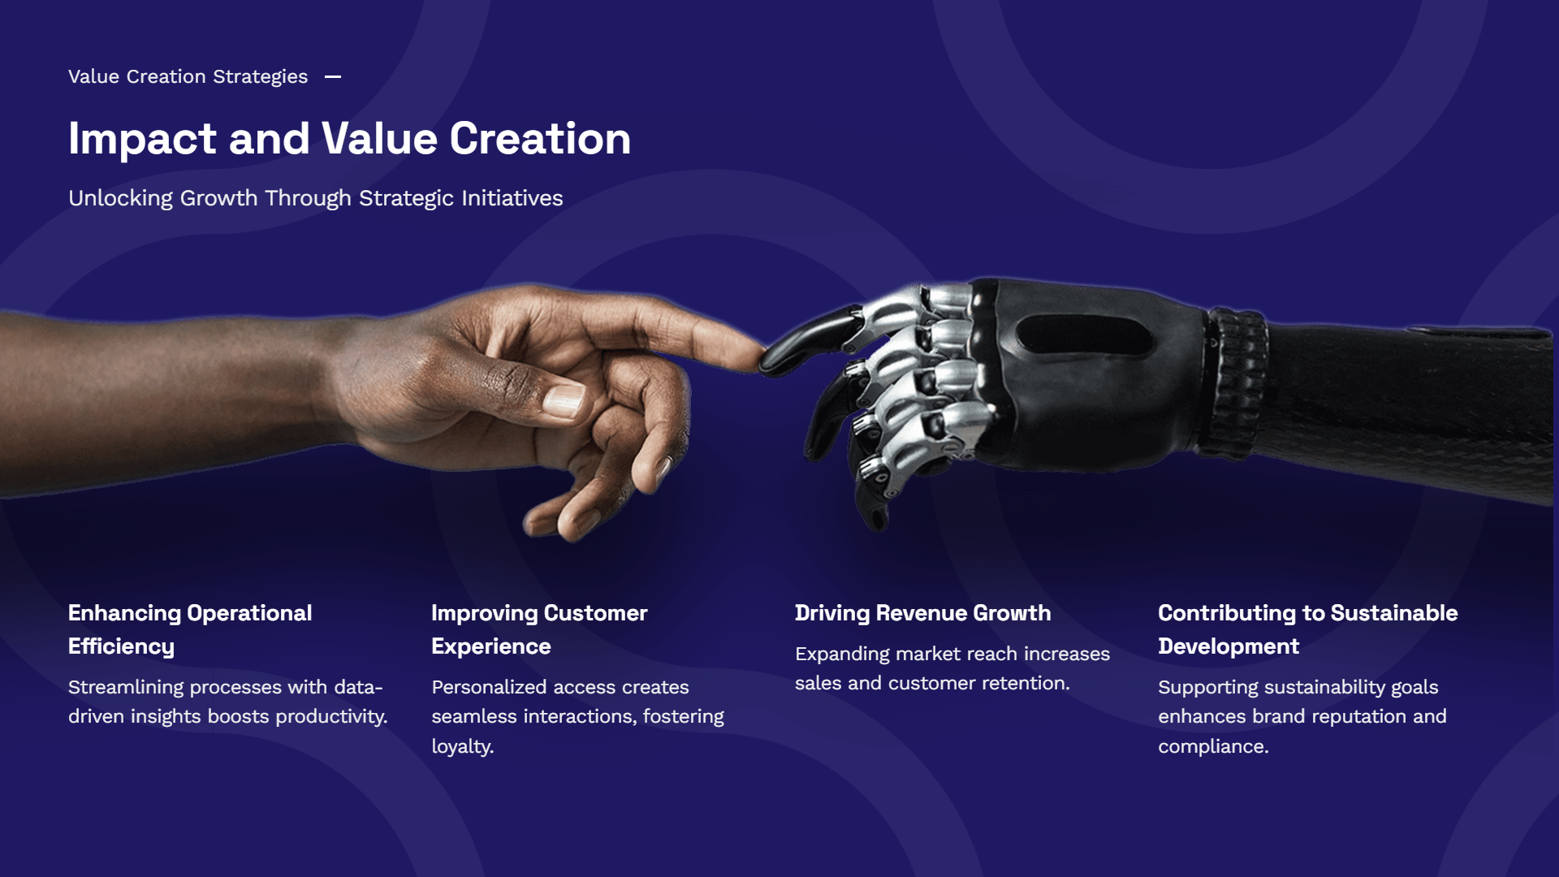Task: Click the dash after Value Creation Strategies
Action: pos(333,77)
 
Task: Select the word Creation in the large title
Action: pos(540,138)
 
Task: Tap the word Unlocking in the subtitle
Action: pos(120,199)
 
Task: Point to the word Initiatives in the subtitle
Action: pos(512,198)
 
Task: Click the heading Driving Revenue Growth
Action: pos(922,613)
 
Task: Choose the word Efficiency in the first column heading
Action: pos(121,647)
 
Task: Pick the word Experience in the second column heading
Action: pos(491,647)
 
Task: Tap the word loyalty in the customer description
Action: pos(462,747)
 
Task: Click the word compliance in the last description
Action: pos(1213,747)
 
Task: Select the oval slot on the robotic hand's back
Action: pos(1084,335)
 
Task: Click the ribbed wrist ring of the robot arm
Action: pos(1237,382)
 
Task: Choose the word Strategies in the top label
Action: pos(260,77)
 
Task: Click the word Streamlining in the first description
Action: pos(126,688)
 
